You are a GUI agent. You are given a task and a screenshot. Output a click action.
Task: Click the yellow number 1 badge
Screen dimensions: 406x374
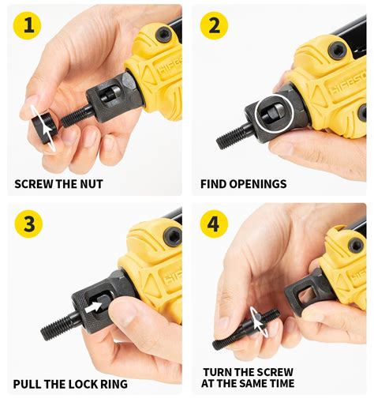[28, 27]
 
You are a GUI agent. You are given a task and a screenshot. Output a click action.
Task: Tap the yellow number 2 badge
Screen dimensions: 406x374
[214, 27]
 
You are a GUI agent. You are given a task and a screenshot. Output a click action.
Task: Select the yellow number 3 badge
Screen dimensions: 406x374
[28, 225]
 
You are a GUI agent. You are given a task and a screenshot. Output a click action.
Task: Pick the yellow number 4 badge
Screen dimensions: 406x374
[214, 225]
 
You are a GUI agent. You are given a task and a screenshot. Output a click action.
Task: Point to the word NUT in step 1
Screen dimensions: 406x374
[92, 184]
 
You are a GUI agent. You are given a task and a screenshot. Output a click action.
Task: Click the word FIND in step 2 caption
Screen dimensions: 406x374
[215, 184]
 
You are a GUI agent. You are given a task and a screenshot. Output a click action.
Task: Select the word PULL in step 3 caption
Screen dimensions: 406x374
[28, 385]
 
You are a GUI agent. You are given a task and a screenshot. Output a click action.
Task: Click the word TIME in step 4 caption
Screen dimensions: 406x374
[278, 384]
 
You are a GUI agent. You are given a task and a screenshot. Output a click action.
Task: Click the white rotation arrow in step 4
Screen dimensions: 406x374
[258, 321]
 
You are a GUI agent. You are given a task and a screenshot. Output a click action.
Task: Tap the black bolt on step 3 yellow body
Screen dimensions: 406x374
[172, 235]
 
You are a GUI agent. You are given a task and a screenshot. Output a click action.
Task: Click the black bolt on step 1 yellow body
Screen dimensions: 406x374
[163, 34]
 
